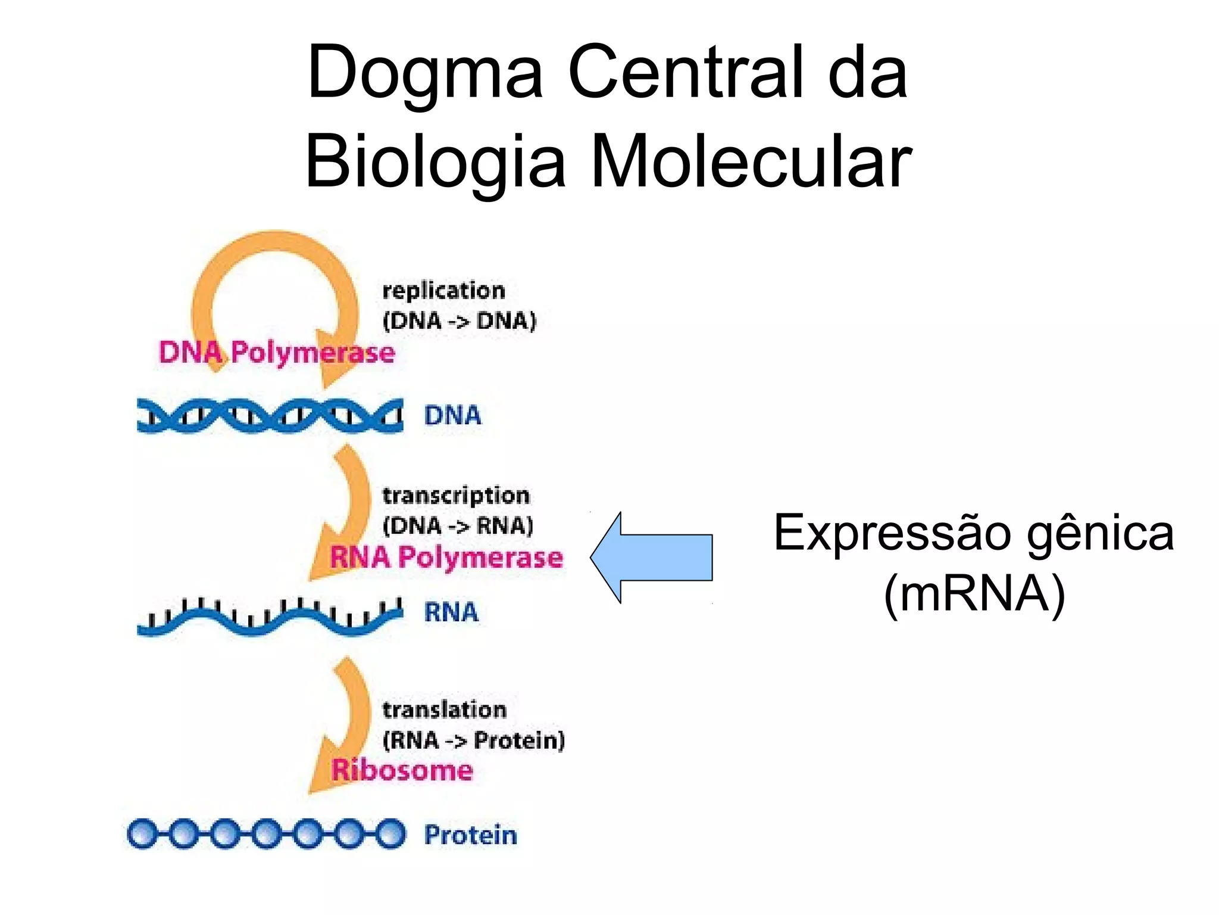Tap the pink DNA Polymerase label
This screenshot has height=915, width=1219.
[277, 353]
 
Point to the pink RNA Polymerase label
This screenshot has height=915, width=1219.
[446, 558]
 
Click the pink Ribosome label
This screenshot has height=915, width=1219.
[402, 770]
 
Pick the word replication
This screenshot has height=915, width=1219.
[443, 291]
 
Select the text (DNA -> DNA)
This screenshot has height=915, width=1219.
[459, 321]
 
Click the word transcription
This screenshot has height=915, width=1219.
[455, 496]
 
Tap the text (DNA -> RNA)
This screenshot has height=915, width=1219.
[458, 526]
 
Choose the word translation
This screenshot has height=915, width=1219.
[444, 710]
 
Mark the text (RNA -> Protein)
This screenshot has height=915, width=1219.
[473, 740]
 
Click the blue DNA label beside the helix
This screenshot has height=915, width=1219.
[452, 415]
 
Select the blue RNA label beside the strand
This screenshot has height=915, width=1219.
[451, 612]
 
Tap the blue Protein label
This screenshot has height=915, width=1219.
[470, 835]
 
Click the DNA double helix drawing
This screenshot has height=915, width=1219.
[270, 415]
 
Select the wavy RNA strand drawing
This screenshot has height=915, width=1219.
[270, 618]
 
